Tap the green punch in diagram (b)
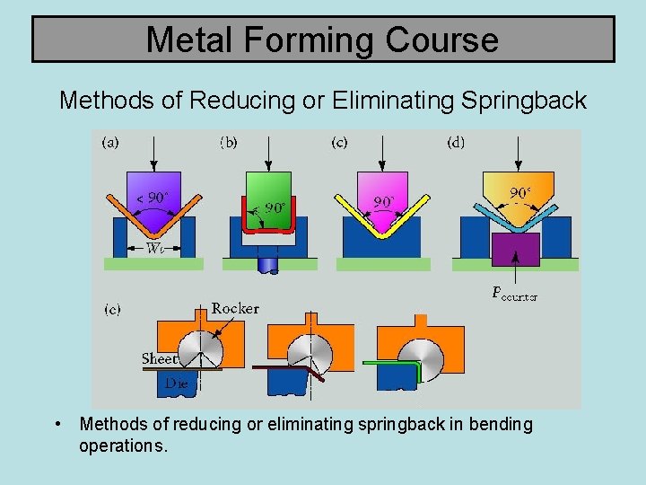(266, 184)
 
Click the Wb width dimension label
(154, 249)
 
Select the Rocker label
(235, 308)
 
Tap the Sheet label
(158, 358)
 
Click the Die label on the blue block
(176, 383)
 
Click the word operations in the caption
(123, 445)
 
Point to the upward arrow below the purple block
(515, 274)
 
